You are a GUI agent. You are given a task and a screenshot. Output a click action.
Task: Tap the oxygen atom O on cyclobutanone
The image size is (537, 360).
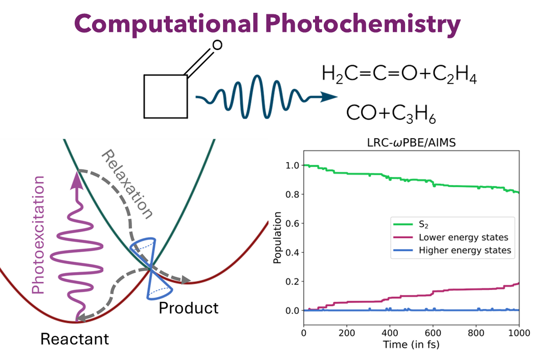[217, 45]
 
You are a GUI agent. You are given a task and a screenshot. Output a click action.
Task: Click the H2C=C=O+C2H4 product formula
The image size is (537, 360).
[399, 75]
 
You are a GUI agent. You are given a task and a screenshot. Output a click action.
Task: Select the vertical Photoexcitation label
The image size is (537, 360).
[38, 235]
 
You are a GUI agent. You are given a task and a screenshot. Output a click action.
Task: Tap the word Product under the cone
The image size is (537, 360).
[188, 308]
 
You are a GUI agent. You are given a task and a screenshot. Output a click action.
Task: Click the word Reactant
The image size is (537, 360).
[75, 339]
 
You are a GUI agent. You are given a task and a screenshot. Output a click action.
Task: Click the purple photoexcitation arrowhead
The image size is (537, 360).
[76, 176]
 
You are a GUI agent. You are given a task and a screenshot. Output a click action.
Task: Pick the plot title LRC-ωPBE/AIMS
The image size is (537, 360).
[411, 144]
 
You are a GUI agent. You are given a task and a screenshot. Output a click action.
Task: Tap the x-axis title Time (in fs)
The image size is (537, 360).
[411, 345]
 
